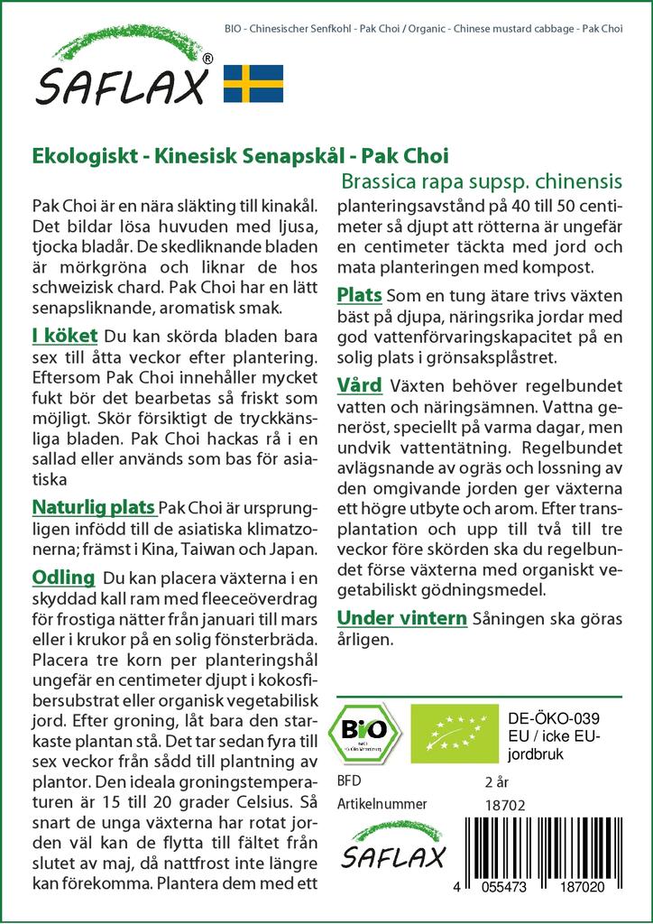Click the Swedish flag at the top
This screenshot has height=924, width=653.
[253, 83]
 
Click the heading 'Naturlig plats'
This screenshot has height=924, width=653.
[93, 506]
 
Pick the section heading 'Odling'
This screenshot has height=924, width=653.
[63, 577]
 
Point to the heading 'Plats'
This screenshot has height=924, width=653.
[359, 295]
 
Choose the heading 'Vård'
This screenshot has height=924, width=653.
[359, 386]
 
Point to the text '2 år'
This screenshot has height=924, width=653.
[497, 781]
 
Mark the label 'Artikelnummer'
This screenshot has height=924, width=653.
[382, 804]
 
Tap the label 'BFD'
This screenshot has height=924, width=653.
[347, 781]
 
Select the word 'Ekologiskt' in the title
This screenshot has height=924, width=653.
[78, 155]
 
